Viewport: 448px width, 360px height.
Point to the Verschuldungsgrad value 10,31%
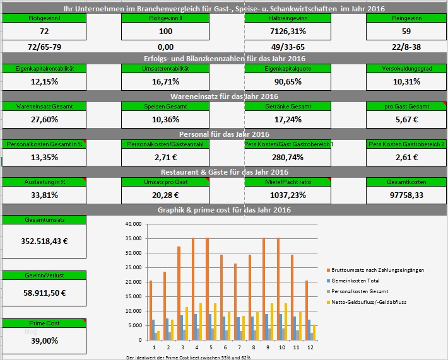coord(406,81)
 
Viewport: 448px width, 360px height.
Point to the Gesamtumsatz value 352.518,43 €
coord(44,240)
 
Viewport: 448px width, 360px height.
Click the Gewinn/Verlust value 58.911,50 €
coord(44,293)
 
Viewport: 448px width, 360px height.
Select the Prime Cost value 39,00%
coord(44,340)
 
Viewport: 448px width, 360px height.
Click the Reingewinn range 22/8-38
coord(406,47)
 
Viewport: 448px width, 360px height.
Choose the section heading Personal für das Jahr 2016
coord(224,134)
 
